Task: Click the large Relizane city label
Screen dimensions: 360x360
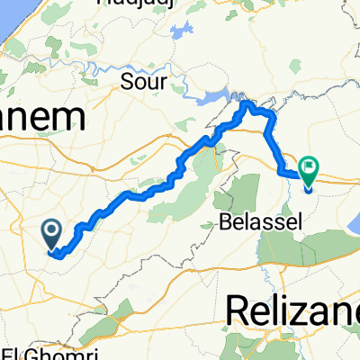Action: coord(292,310)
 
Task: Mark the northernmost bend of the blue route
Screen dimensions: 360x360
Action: coord(246,105)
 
